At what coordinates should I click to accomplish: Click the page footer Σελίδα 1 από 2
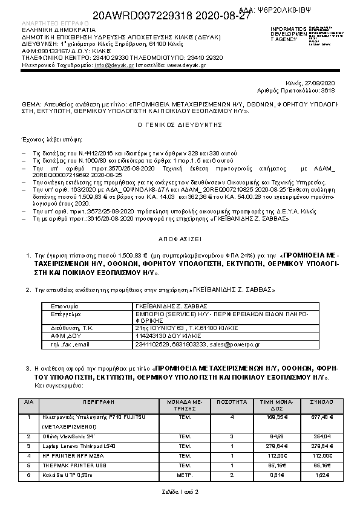point(180,491)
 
